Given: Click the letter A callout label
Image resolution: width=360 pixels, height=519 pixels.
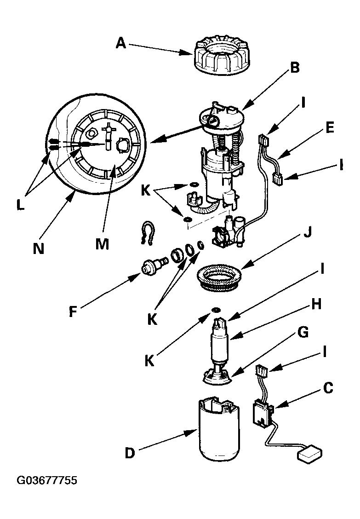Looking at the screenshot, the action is pyautogui.click(x=121, y=43).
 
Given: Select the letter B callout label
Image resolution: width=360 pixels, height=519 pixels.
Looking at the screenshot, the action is pyautogui.click(x=295, y=68).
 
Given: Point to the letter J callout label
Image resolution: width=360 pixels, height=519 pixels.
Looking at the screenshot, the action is pyautogui.click(x=308, y=233).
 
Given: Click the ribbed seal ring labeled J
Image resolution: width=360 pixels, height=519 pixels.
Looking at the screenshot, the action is pyautogui.click(x=219, y=278).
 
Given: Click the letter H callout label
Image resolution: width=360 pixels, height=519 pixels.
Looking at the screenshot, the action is pyautogui.click(x=316, y=304).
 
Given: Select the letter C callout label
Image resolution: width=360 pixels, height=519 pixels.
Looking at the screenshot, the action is pyautogui.click(x=328, y=388).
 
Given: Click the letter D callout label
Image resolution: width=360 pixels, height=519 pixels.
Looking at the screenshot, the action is pyautogui.click(x=130, y=453).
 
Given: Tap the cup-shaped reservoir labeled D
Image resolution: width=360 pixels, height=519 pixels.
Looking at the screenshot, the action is pyautogui.click(x=219, y=429).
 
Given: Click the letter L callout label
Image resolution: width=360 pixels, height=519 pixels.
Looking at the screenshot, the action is pyautogui.click(x=20, y=205).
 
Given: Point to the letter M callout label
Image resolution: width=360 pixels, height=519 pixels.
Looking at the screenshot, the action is pyautogui.click(x=102, y=244).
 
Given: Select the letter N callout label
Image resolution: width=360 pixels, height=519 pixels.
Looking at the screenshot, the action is pyautogui.click(x=39, y=248).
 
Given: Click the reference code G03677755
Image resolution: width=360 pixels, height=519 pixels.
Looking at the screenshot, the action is pyautogui.click(x=47, y=480).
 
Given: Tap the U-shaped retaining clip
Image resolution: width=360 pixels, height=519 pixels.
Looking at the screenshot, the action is pyautogui.click(x=147, y=233).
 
